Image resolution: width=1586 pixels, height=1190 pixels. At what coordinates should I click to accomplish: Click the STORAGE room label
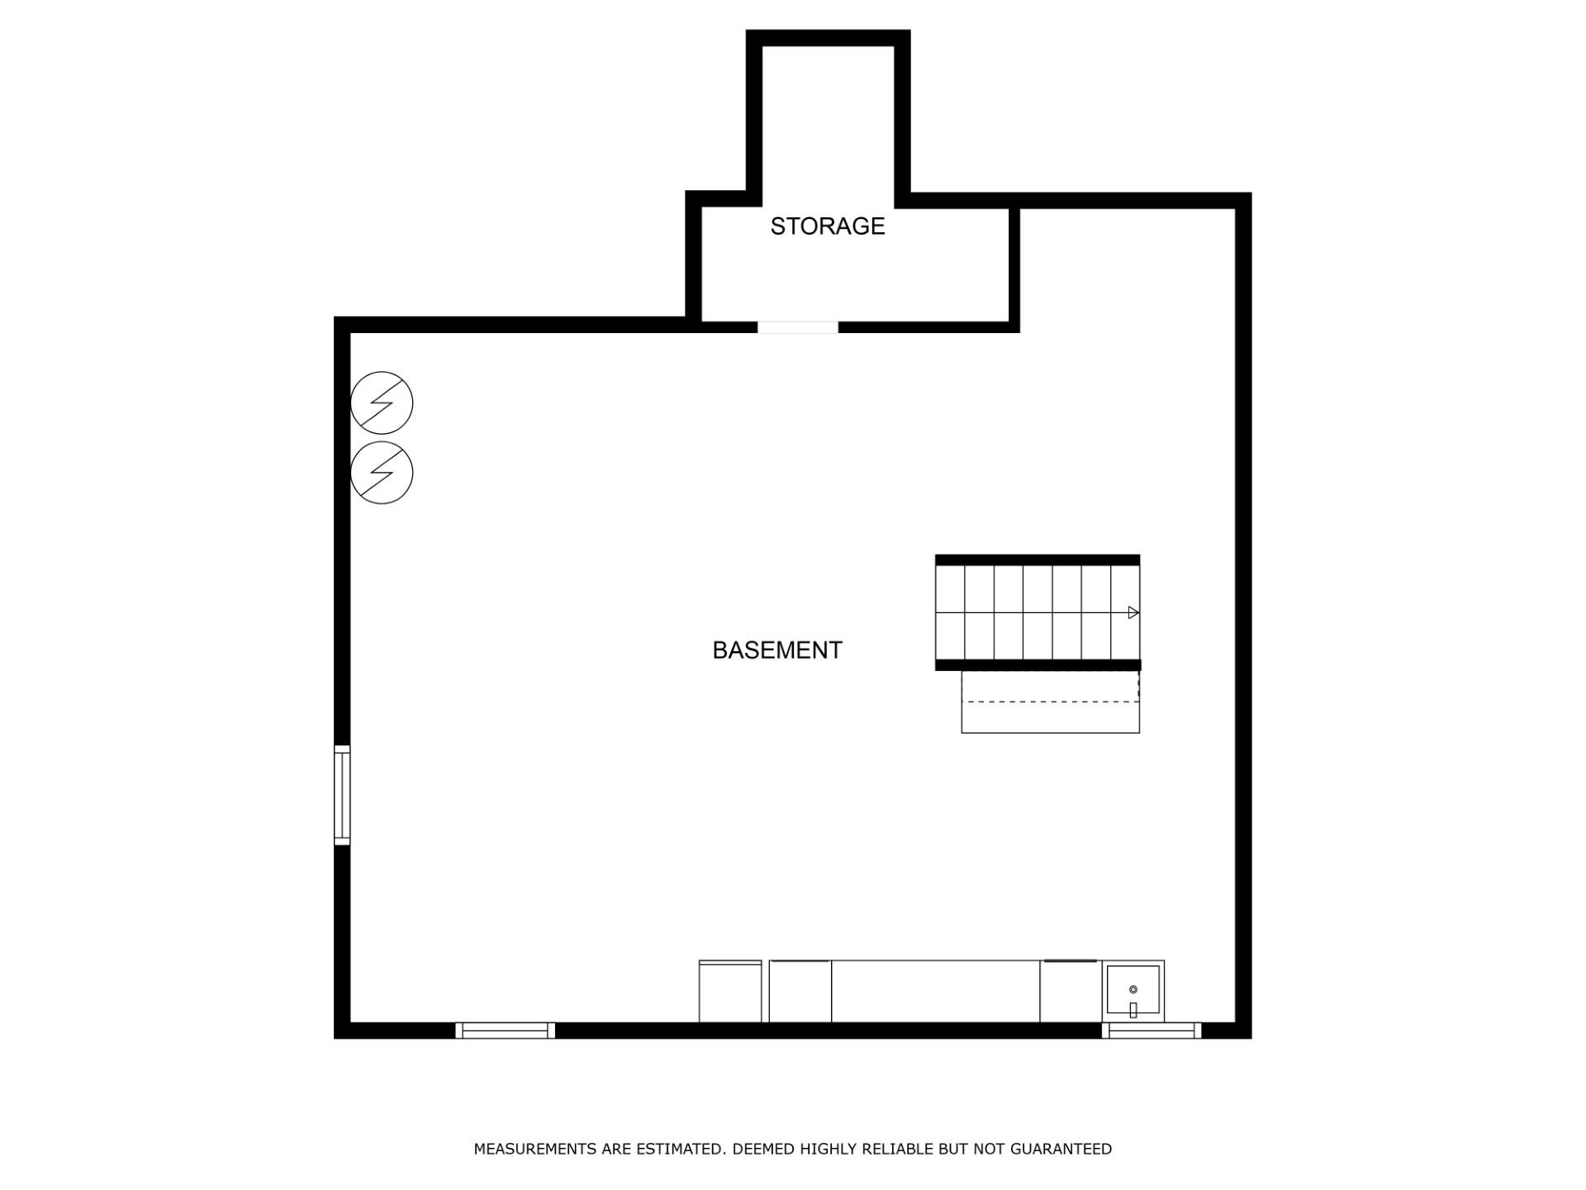pyautogui.click(x=827, y=226)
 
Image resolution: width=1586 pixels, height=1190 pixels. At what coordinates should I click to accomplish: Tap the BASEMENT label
pyautogui.click(x=777, y=650)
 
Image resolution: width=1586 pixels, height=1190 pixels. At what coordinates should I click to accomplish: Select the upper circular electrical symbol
pyautogui.click(x=382, y=402)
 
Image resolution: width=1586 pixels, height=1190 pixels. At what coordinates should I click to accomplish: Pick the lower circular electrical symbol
pyautogui.click(x=382, y=473)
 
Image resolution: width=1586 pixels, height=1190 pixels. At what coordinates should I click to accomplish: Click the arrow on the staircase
pyautogui.click(x=1133, y=612)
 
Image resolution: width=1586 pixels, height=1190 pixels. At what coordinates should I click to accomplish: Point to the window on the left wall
pyautogui.click(x=342, y=795)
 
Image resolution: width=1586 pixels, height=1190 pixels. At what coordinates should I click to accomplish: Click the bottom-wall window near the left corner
pyautogui.click(x=505, y=1031)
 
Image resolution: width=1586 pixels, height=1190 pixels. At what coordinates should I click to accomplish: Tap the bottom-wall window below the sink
pyautogui.click(x=1152, y=1031)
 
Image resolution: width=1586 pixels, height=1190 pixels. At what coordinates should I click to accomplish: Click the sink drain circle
pyautogui.click(x=1133, y=989)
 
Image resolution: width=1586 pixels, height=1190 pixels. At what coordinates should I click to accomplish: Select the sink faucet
pyautogui.click(x=1133, y=1009)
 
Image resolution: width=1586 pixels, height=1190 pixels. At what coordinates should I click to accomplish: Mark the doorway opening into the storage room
pyautogui.click(x=798, y=327)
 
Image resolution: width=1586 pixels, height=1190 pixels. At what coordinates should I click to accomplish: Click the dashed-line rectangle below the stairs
pyautogui.click(x=1051, y=702)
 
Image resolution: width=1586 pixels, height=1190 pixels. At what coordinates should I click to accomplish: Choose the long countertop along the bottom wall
pyautogui.click(x=936, y=991)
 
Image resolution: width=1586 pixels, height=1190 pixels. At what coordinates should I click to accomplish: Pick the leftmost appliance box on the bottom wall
pyautogui.click(x=730, y=991)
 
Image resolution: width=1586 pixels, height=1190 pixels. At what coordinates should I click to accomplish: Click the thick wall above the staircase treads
pyautogui.click(x=1038, y=559)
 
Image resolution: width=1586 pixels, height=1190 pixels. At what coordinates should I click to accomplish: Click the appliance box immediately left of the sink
pyautogui.click(x=1071, y=991)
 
